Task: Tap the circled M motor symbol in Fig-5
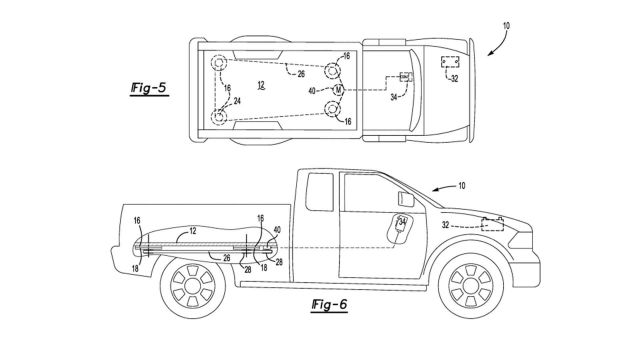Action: coord(339,92)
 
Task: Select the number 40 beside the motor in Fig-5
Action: coord(315,91)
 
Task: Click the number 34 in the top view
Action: coord(392,98)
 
